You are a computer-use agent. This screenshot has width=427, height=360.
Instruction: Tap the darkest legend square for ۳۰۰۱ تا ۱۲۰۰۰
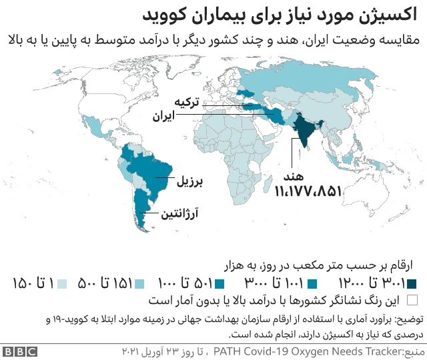point(412,283)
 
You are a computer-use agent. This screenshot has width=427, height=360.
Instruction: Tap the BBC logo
point(20,350)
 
